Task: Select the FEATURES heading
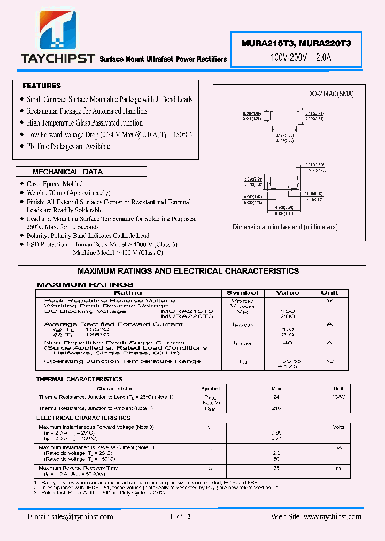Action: pyautogui.click(x=42, y=86)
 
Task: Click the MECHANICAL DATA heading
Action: pyautogui.click(x=67, y=172)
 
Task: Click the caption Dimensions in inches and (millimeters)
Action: pyautogui.click(x=285, y=227)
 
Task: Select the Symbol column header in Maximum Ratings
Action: pyautogui.click(x=242, y=293)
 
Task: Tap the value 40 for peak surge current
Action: pyautogui.click(x=288, y=343)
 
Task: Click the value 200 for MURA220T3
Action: pyautogui.click(x=288, y=316)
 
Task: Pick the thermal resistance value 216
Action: pyautogui.click(x=276, y=408)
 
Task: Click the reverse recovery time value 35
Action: pyautogui.click(x=276, y=468)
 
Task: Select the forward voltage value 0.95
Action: pyautogui.click(x=276, y=432)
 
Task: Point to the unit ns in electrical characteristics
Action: pyautogui.click(x=338, y=468)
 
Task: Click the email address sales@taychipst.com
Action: pyautogui.click(x=70, y=517)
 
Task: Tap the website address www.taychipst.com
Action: pyautogui.click(x=317, y=517)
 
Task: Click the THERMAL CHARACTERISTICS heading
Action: pyautogui.click(x=79, y=379)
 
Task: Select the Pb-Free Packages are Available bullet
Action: pyautogui.click(x=68, y=146)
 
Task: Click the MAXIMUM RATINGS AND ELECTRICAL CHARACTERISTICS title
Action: pyautogui.click(x=188, y=271)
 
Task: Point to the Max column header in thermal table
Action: pyautogui.click(x=276, y=389)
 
